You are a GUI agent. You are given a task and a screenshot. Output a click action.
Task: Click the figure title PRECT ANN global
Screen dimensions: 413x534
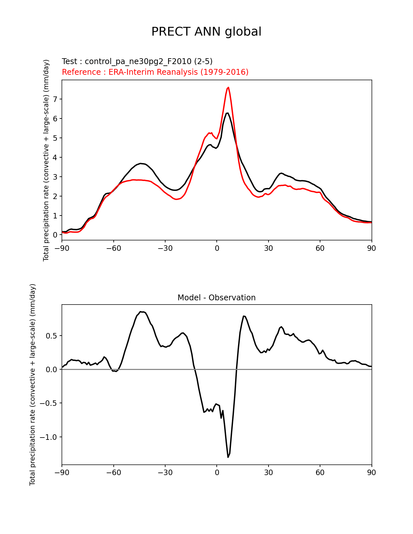click(206, 32)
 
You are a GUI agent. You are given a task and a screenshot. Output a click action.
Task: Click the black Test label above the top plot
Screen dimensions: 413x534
click(137, 61)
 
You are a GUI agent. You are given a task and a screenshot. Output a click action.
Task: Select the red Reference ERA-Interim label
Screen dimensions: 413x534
click(155, 72)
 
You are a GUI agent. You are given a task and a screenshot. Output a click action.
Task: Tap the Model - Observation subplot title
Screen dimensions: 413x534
click(216, 298)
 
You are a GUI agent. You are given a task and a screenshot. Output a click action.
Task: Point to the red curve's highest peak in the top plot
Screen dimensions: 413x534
click(228, 87)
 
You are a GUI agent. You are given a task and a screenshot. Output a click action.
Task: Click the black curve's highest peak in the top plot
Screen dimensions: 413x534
click(227, 113)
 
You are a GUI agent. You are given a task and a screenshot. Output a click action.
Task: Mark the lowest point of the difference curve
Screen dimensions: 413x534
click(228, 457)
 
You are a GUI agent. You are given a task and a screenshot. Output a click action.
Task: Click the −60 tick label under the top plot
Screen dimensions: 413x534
click(114, 248)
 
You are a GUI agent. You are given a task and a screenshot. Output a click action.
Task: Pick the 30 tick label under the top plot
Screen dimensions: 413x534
click(268, 248)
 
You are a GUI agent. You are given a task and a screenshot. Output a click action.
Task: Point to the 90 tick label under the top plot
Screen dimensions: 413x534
click(372, 248)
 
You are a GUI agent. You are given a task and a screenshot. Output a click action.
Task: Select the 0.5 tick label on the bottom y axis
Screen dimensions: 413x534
click(52, 336)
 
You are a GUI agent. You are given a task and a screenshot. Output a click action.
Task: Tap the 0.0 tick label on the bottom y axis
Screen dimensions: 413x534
click(52, 370)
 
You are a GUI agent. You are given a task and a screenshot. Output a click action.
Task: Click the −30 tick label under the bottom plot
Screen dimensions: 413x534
click(165, 473)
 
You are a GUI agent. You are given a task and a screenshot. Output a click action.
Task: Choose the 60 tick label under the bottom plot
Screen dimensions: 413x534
click(320, 473)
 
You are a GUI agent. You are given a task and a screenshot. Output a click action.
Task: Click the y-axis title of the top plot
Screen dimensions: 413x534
click(46, 160)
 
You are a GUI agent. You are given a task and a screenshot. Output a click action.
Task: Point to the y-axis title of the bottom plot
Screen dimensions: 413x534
click(32, 385)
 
